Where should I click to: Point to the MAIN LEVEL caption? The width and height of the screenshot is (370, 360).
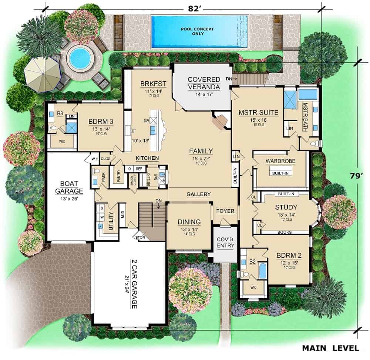tap(330, 348)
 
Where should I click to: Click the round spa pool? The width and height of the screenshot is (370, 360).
tap(80, 58)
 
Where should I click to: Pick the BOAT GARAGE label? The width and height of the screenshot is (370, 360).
tap(69, 187)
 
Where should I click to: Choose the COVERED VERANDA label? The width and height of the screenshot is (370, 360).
tap(203, 83)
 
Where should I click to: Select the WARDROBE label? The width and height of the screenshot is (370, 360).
tap(280, 161)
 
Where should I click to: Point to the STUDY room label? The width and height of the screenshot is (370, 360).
tap(286, 207)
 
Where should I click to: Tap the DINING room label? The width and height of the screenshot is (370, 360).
tap(189, 222)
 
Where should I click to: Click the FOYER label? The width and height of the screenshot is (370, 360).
tap(226, 211)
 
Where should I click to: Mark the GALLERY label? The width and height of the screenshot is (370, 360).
tap(198, 194)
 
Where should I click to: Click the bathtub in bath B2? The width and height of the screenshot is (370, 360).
tap(262, 271)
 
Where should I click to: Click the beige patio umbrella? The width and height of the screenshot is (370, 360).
tap(42, 72)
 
